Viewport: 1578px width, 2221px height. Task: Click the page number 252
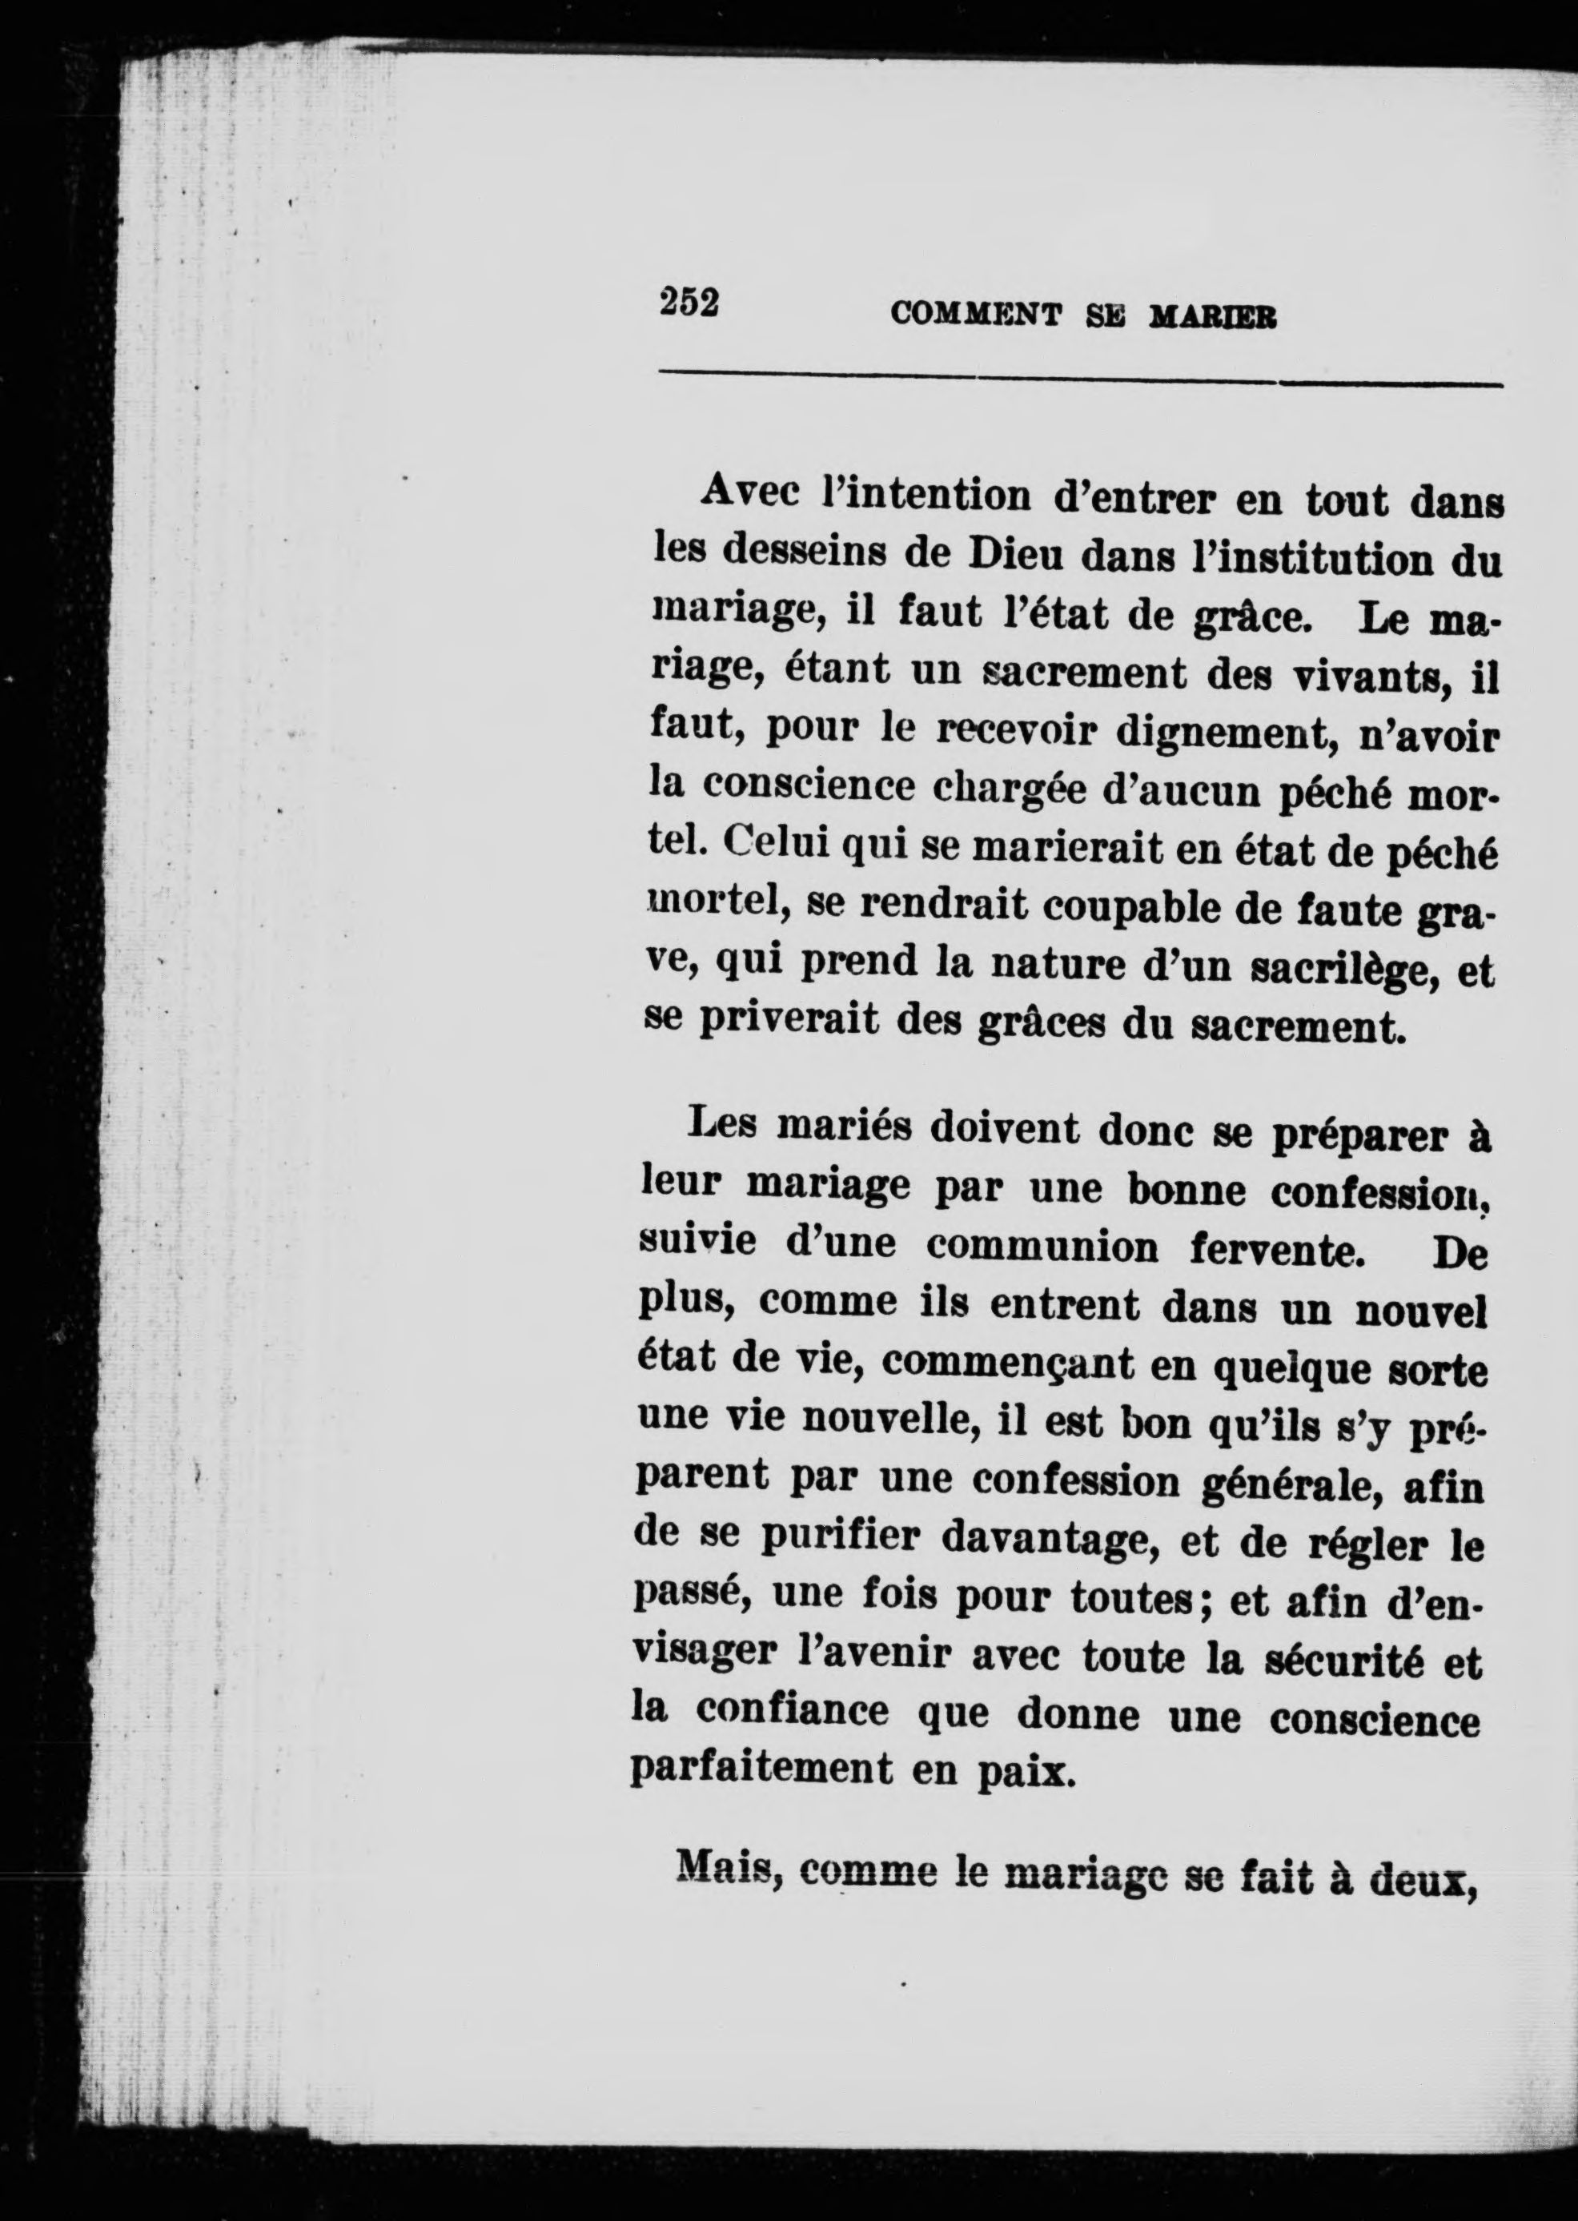[689, 303]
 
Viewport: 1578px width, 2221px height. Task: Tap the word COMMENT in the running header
[974, 314]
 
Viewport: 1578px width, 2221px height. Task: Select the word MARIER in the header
[1213, 318]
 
